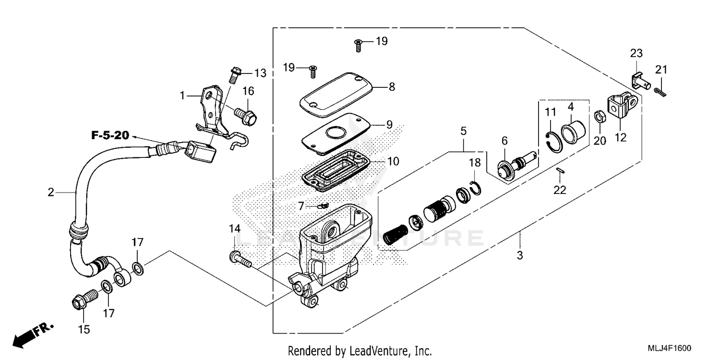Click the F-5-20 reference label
pos(110,136)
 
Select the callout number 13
pos(260,73)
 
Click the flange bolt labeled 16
pos(246,116)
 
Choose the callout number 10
pos(393,161)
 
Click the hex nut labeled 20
pos(599,117)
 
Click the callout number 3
pos(519,255)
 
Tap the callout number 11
pos(550,112)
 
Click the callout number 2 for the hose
pos(51,192)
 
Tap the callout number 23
pos(636,53)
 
